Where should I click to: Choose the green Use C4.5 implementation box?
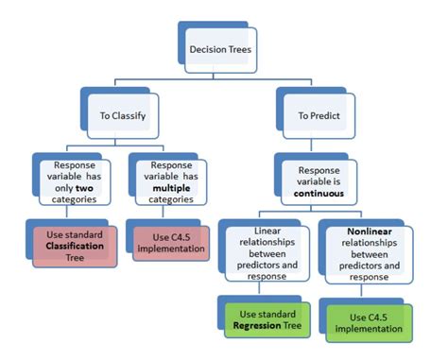click(x=371, y=322)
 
